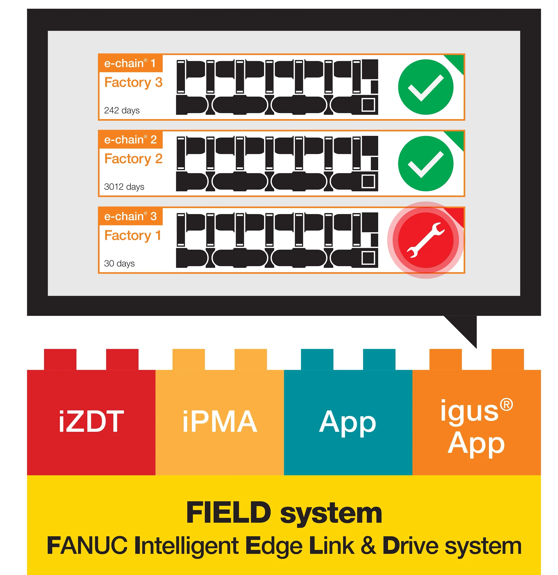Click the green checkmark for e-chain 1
[x=426, y=87]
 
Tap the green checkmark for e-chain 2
[x=426, y=164]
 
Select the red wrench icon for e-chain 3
[x=426, y=240]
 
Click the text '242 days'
[x=122, y=111]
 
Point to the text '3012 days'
[x=124, y=187]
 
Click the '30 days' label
[x=119, y=263]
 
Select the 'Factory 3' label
[x=133, y=83]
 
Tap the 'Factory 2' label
[x=133, y=159]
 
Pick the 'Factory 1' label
[x=133, y=236]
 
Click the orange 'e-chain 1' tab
[x=130, y=63]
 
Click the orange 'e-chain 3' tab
[x=130, y=216]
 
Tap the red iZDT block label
[x=91, y=422]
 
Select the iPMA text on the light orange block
[x=219, y=422]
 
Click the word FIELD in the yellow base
[x=229, y=513]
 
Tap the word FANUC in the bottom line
[x=87, y=546]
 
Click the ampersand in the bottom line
[x=368, y=546]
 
